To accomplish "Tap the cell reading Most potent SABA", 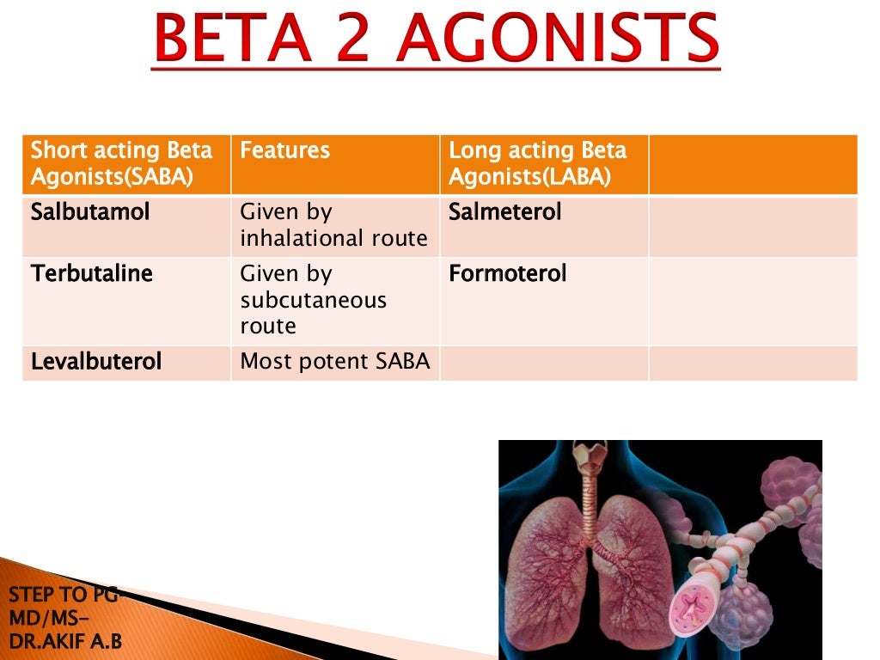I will [334, 362].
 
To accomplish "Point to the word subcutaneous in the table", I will [314, 300].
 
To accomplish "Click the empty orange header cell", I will [753, 164].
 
